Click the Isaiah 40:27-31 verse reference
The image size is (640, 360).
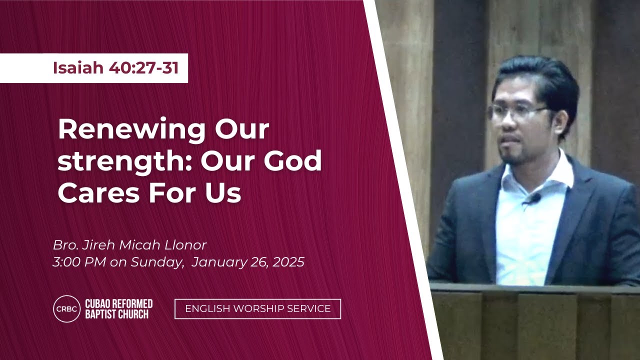115,68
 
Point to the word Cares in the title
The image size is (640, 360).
98,193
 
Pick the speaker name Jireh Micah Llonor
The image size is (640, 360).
144,245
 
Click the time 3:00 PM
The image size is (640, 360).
79,262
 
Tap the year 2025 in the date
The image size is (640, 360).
288,262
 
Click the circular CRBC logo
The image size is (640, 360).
67,309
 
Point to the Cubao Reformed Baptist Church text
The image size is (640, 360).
119,309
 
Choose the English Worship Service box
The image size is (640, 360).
257,309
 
